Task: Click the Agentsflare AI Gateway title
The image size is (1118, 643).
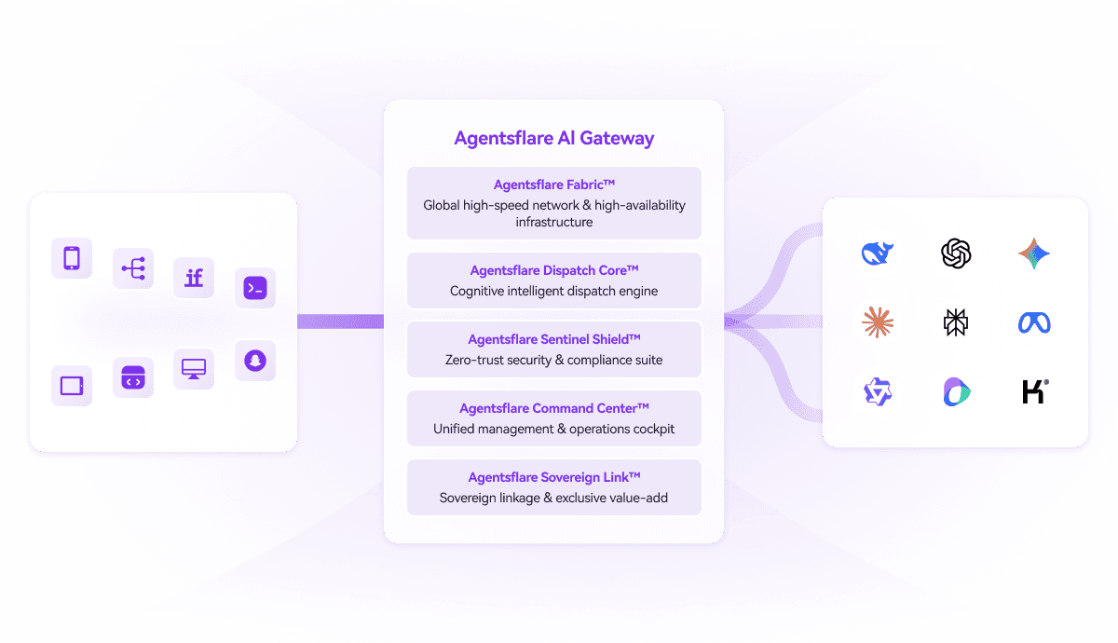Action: pyautogui.click(x=553, y=139)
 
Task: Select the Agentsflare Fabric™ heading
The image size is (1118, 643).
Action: pyautogui.click(x=553, y=185)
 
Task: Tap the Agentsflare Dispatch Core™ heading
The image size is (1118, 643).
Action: pyautogui.click(x=553, y=271)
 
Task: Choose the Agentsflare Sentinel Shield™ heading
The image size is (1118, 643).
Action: pyautogui.click(x=553, y=340)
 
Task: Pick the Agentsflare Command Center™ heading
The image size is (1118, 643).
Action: pyautogui.click(x=553, y=409)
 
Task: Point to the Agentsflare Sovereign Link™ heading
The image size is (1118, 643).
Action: pyautogui.click(x=553, y=478)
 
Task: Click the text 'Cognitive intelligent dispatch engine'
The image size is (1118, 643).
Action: pyautogui.click(x=553, y=292)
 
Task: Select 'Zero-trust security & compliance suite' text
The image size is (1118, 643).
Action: pyautogui.click(x=553, y=361)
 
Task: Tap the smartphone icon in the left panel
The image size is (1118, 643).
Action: pyautogui.click(x=72, y=258)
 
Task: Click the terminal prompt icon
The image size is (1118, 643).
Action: pyautogui.click(x=254, y=289)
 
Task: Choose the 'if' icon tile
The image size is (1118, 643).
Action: pyautogui.click(x=194, y=278)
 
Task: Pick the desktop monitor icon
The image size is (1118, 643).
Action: pyautogui.click(x=194, y=369)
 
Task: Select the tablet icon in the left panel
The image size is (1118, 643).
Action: pyautogui.click(x=72, y=386)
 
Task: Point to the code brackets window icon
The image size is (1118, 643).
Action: pyautogui.click(x=133, y=378)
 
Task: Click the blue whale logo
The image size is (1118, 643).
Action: pyautogui.click(x=877, y=253)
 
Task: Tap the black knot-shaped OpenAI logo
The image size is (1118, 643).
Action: pyautogui.click(x=956, y=253)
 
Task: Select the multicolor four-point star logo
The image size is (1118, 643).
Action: pyautogui.click(x=1034, y=253)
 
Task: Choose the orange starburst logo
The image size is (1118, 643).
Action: pyautogui.click(x=877, y=322)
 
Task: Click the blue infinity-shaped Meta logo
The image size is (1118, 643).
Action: pyautogui.click(x=1034, y=322)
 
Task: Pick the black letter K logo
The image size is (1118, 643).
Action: pyautogui.click(x=1034, y=391)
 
